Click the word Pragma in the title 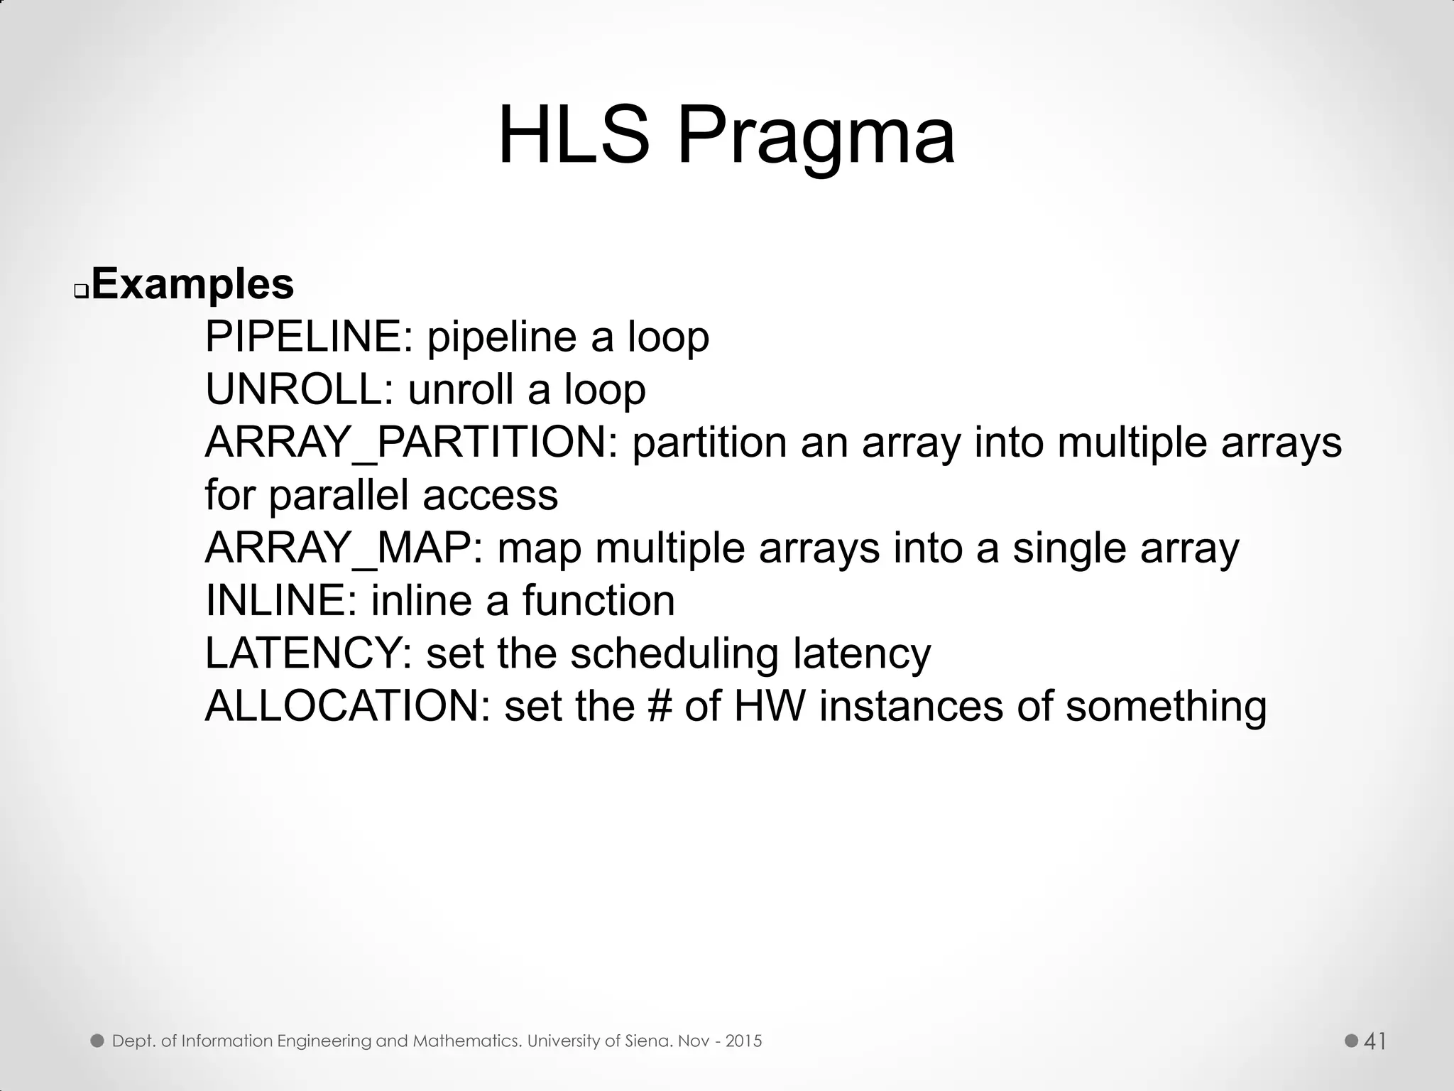pyautogui.click(x=816, y=136)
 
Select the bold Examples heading pyautogui.click(x=192, y=284)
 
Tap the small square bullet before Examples pyautogui.click(x=81, y=291)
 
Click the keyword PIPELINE pyautogui.click(x=303, y=337)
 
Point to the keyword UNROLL pyautogui.click(x=294, y=389)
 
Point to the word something pyautogui.click(x=1166, y=706)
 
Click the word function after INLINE pyautogui.click(x=598, y=601)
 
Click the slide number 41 pyautogui.click(x=1375, y=1041)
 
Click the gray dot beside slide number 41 pyautogui.click(x=1352, y=1041)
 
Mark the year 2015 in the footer pyautogui.click(x=743, y=1041)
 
